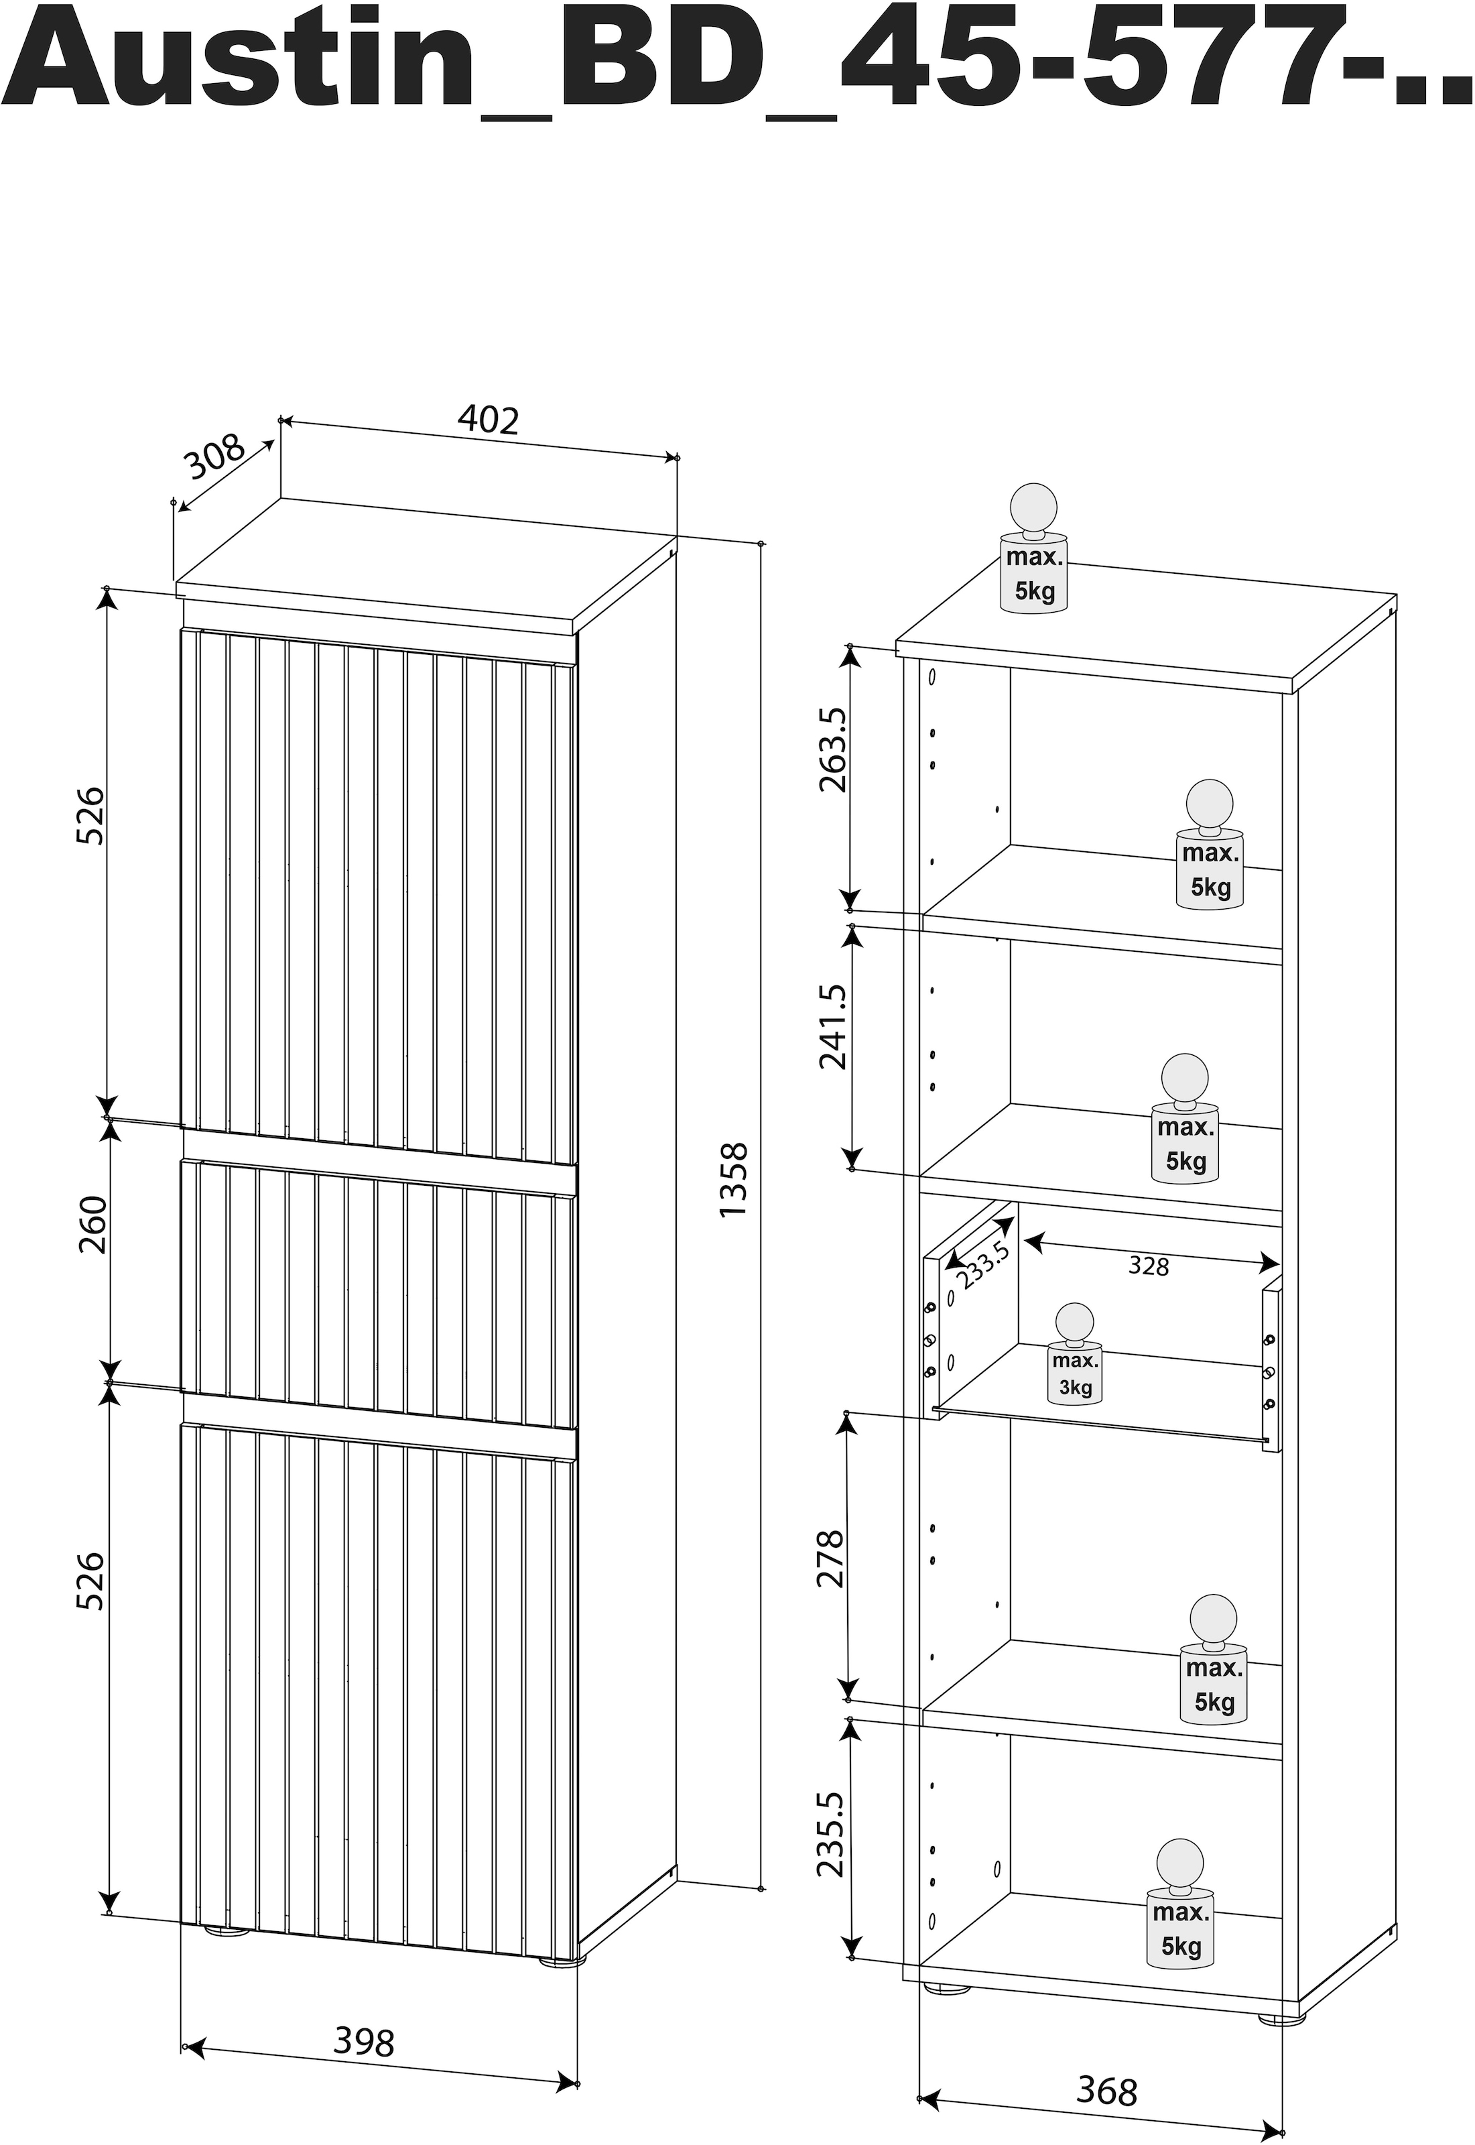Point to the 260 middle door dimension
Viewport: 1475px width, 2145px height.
tap(92, 1225)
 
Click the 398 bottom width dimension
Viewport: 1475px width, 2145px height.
tap(363, 2042)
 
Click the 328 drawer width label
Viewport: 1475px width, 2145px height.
tap(1148, 1266)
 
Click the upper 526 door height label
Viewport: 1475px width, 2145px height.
tap(90, 816)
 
